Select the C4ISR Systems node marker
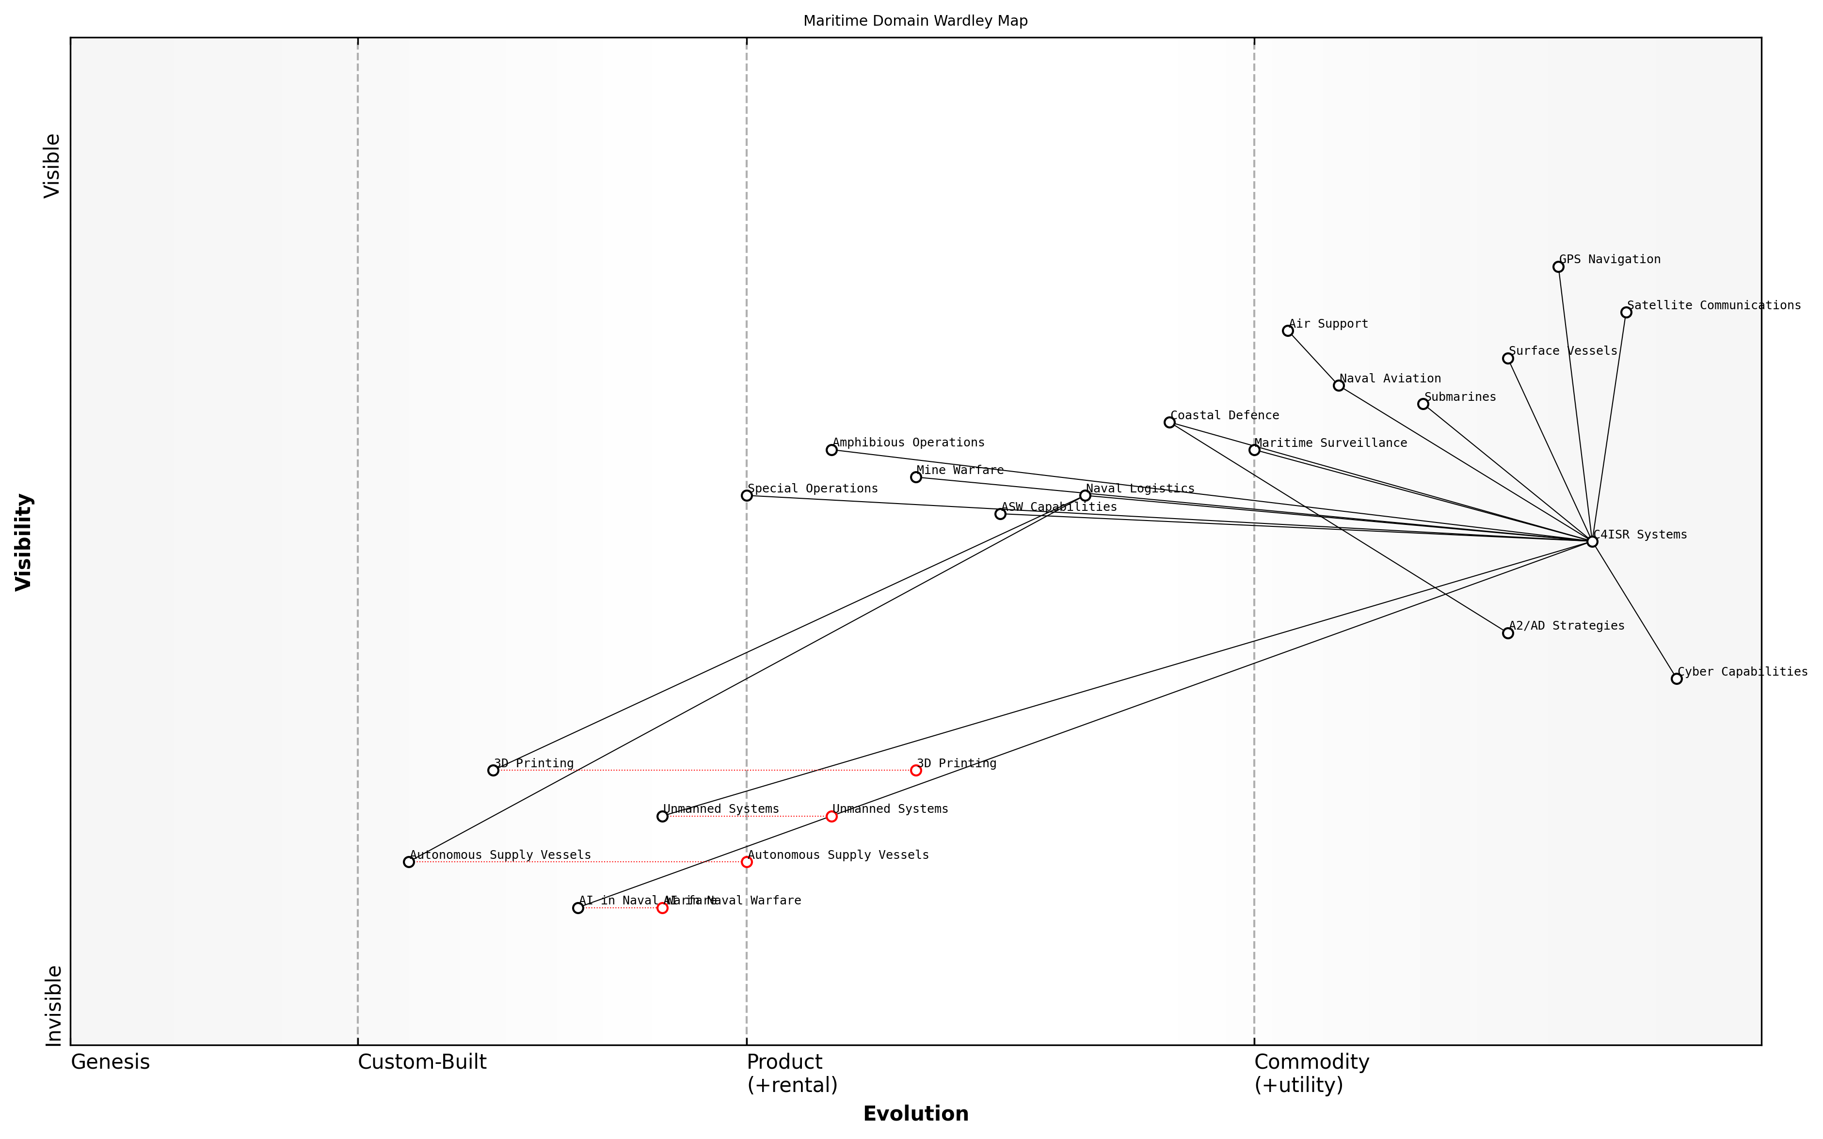tap(1592, 541)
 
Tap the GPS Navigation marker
tap(1558, 267)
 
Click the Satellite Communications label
tap(1714, 305)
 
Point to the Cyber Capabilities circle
tap(1676, 679)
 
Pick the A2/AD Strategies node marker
tap(1507, 633)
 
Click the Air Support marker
tap(1287, 331)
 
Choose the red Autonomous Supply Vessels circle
tap(747, 862)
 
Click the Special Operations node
tap(747, 496)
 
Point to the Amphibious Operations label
tap(909, 442)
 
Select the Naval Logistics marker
tap(1085, 496)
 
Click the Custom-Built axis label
tap(422, 1062)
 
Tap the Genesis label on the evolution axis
tap(110, 1062)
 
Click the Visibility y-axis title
tap(24, 541)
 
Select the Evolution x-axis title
tap(915, 1113)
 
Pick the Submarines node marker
tap(1423, 404)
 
